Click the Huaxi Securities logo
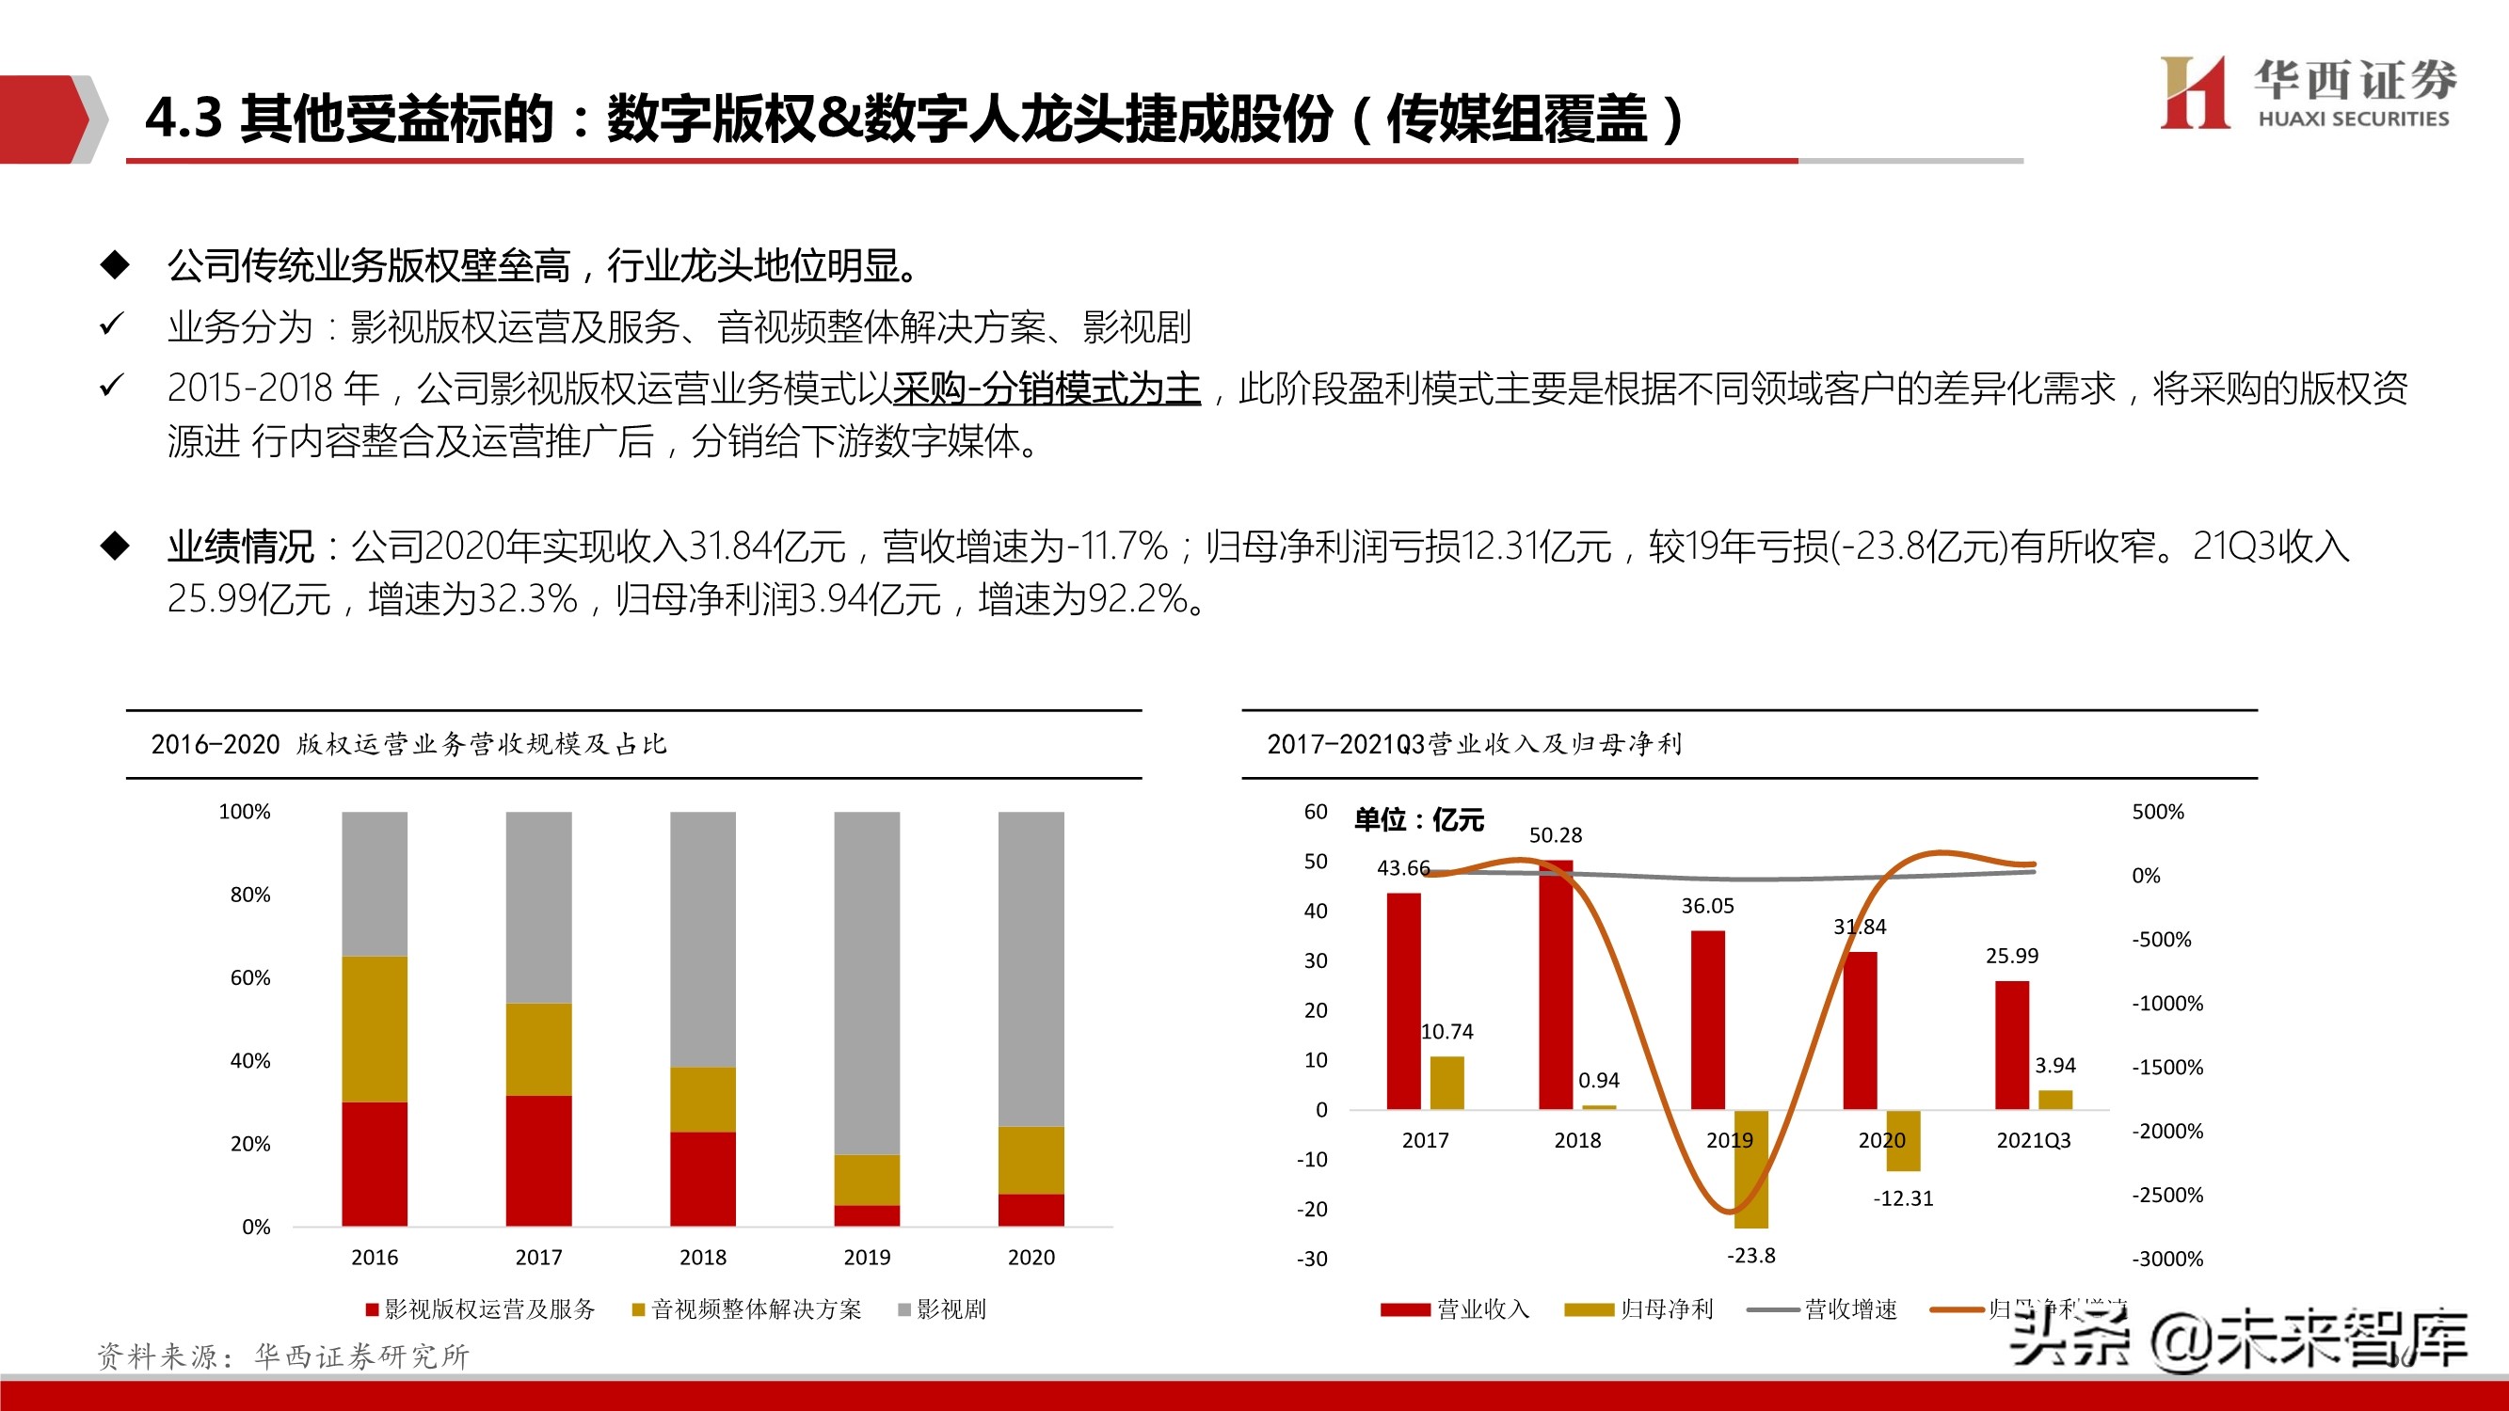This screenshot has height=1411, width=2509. pos(2307,92)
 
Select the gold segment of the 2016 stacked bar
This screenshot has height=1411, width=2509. pos(374,1028)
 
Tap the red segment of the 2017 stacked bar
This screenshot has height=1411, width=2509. pos(538,1160)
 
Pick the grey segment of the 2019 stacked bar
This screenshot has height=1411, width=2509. pos(867,983)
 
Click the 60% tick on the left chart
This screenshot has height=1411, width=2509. pos(250,977)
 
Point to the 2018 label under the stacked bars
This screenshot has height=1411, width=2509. pos(702,1257)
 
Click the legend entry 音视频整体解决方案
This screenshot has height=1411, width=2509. pos(747,1309)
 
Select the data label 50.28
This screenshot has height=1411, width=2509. pos(1556,835)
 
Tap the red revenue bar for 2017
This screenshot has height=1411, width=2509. pos(1403,1001)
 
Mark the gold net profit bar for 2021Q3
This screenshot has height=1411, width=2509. pos(2055,1100)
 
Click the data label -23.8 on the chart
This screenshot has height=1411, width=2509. pos(1751,1256)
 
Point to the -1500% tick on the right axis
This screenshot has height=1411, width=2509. pos(2167,1068)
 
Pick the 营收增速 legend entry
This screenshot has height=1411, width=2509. pos(1823,1309)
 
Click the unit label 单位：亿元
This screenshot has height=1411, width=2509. pos(1418,820)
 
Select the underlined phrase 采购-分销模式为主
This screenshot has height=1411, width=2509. pos(1047,388)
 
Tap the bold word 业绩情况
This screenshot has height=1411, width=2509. pos(241,547)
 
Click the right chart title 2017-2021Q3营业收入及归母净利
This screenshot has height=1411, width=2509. pos(1474,745)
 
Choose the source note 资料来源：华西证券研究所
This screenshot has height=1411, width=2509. pos(283,1356)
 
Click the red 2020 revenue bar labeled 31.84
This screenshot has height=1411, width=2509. pos(1861,1030)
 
